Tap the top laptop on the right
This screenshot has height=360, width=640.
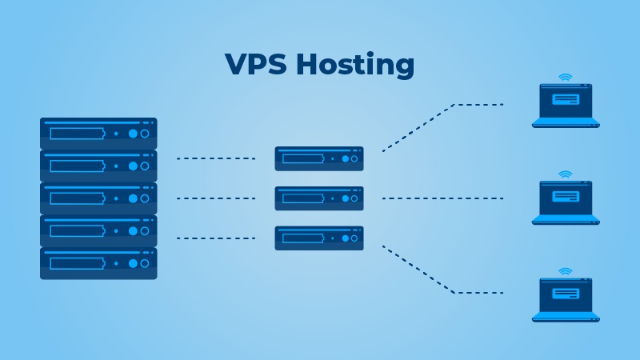pos(566,105)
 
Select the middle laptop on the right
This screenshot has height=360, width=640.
pos(566,202)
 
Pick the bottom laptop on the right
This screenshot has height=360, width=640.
pos(566,299)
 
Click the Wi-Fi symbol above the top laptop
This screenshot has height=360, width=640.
pos(566,78)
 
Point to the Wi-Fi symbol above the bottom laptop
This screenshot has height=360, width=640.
pos(566,272)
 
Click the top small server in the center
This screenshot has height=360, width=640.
pos(319,158)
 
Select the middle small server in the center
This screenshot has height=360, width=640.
pos(319,198)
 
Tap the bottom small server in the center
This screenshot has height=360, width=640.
pos(319,238)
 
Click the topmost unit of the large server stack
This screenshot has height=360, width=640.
pos(98,133)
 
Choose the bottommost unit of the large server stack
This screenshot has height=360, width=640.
pos(98,263)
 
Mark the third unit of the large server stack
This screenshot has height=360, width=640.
pos(98,198)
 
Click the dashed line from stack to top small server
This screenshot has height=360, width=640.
pos(215,158)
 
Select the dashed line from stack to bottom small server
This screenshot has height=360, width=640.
pos(215,238)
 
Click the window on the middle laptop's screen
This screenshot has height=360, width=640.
pos(566,196)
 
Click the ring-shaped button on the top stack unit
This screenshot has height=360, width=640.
pos(145,134)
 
